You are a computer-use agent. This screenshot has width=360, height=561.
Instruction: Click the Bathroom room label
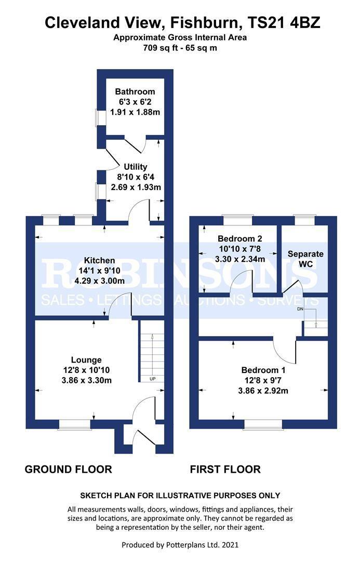(x=135, y=91)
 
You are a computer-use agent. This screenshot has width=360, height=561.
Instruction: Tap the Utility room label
(x=135, y=167)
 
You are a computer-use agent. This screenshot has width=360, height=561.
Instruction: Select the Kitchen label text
(x=100, y=260)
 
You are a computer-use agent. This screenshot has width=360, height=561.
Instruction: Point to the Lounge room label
(x=86, y=360)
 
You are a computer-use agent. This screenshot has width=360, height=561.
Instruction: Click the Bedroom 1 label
(x=264, y=370)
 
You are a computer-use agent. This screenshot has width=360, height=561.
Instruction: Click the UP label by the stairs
(x=153, y=379)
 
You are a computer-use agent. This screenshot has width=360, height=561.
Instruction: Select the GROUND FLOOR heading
(x=68, y=470)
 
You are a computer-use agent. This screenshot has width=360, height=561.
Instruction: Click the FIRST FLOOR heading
(x=225, y=470)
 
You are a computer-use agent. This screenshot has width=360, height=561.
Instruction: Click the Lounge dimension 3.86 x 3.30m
(x=86, y=380)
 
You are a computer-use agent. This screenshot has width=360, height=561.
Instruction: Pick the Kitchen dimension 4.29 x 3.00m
(x=100, y=280)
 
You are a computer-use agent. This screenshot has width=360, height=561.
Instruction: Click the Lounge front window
(x=74, y=424)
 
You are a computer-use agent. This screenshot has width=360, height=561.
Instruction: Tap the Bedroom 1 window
(x=263, y=424)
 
